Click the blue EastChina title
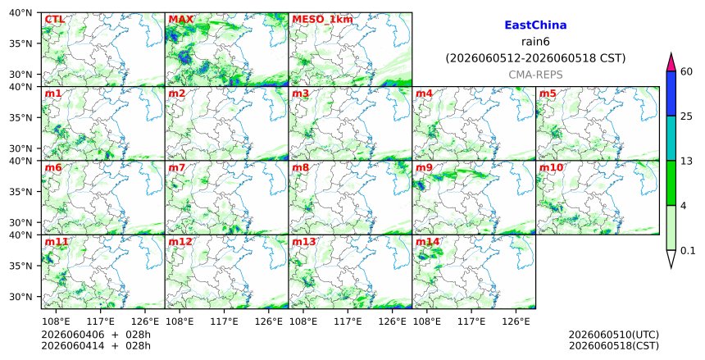pos(535,25)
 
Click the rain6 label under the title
pos(535,42)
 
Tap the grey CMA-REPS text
pos(535,75)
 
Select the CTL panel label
pos(54,20)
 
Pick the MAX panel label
pos(180,20)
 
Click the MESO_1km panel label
pos(322,20)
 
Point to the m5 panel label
pos(548,93)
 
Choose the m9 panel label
pos(424,168)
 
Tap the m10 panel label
pos(551,168)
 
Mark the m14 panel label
pos(427,242)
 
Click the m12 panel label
pos(180,242)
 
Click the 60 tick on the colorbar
pos(687,71)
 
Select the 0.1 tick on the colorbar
pos(688,251)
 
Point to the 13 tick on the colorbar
pos(687,161)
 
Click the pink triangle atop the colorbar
pos(671,62)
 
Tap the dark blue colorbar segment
pos(671,93)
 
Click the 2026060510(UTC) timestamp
pos(614,335)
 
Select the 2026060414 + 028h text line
pos(96,346)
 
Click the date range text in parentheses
pos(535,58)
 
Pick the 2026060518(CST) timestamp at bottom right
pos(614,346)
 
